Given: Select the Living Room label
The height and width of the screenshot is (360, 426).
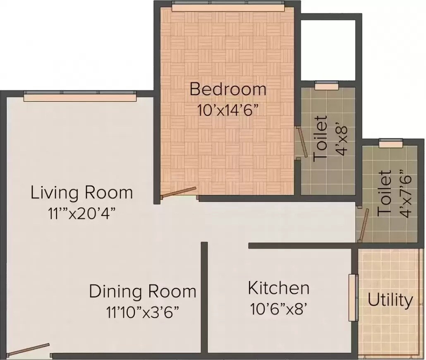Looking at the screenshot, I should [x=82, y=193].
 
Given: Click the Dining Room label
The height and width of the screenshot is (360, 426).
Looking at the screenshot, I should [x=143, y=291].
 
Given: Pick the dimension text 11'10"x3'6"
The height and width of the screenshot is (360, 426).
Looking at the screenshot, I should [x=142, y=311].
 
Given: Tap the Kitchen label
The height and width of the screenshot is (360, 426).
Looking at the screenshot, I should [x=278, y=288].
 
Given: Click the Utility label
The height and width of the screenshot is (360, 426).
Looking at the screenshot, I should [x=390, y=300].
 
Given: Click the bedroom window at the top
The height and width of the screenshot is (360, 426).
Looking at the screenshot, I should [x=228, y=7].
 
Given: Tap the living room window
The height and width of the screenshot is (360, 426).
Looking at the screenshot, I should [x=80, y=97].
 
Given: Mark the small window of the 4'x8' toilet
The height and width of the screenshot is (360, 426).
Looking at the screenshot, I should [x=326, y=86].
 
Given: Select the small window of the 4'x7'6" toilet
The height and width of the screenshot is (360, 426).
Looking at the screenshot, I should [x=390, y=143].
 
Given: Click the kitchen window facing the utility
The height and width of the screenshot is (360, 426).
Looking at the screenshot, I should [x=353, y=298].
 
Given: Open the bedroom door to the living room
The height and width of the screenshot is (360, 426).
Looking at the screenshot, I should [x=179, y=192].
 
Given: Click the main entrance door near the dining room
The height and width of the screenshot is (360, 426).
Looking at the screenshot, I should [x=29, y=350].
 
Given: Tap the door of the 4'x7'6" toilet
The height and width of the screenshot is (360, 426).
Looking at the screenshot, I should [x=363, y=226].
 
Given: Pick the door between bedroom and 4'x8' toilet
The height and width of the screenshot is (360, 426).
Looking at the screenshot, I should [x=302, y=142].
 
